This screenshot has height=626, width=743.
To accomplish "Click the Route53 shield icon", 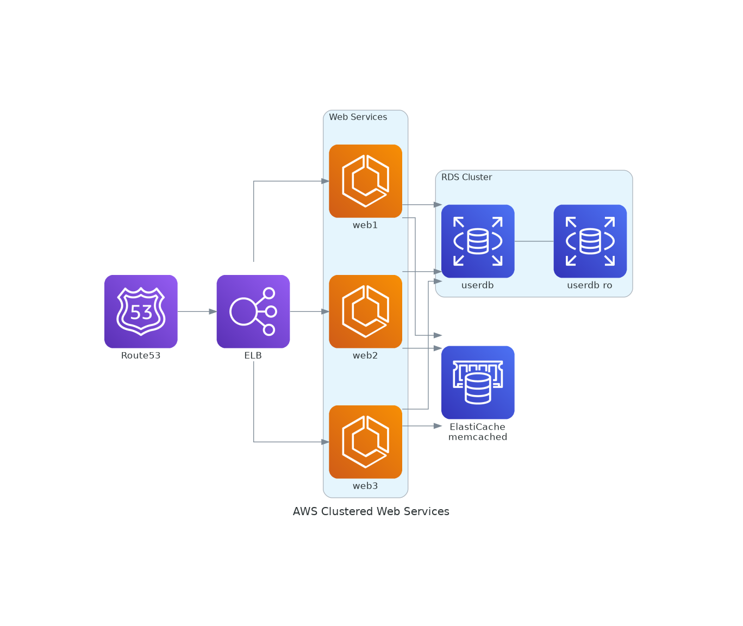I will point(141,311).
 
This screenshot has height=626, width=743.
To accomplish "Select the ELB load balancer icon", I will point(253,311).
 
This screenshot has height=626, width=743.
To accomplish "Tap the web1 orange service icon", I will point(365,181).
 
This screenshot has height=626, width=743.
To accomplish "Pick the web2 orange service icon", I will point(365,311).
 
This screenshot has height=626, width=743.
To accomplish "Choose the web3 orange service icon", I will point(365,441).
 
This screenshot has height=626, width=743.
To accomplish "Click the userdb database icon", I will point(478,241).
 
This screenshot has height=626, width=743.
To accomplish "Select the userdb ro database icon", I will point(590,241).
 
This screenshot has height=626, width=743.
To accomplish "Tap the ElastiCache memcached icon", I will point(478,382).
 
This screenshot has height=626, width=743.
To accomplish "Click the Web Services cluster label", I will point(358,117).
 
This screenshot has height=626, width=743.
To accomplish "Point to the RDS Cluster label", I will point(466,177).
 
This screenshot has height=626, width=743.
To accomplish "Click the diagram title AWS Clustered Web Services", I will point(371,511).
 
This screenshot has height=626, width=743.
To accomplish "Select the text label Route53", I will point(141,355).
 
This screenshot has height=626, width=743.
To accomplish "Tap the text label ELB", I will point(253,355).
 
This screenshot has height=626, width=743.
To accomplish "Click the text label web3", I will point(365,486).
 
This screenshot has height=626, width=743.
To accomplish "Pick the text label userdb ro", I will point(590,285).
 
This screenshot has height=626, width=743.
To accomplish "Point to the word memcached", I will point(478,437).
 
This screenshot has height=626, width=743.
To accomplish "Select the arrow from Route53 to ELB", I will point(197,311).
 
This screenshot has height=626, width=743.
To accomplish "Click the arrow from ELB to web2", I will point(309,311).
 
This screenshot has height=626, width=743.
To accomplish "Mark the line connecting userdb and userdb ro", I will point(534,241).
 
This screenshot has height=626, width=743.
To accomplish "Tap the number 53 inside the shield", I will point(141,312).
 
